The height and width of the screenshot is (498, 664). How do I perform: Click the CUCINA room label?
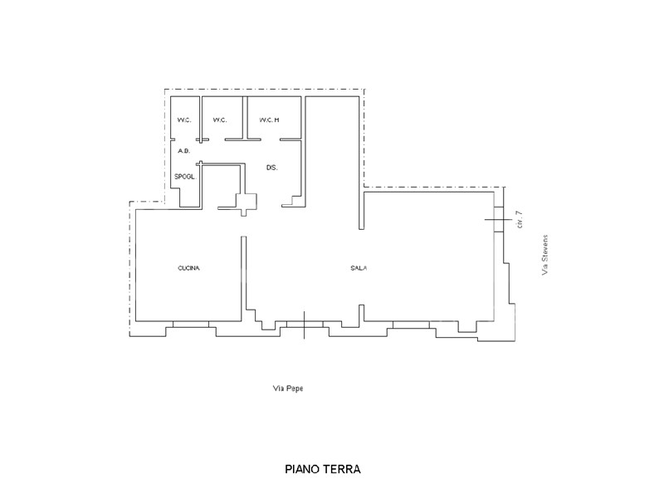188,268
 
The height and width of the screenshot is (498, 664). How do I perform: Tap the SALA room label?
359,268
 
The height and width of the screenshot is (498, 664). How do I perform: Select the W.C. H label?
269,120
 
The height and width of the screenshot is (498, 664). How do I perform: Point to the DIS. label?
272,168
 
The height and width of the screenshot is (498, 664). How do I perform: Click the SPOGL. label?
185,177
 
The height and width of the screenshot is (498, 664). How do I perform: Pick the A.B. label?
183,151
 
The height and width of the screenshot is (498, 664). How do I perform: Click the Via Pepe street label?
288,388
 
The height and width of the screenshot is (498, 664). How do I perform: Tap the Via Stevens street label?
545,256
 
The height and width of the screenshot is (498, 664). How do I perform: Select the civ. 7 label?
520,220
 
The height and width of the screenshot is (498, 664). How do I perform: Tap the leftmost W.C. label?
184,120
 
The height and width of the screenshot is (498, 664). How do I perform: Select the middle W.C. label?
220,120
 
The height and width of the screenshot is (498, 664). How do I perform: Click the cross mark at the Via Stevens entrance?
499,219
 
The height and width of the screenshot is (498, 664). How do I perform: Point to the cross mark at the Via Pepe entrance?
304,325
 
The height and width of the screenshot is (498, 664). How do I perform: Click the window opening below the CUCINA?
191,324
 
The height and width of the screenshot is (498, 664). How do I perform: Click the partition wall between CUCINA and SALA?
243,279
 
